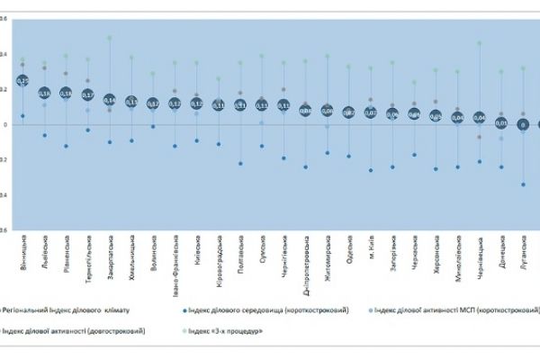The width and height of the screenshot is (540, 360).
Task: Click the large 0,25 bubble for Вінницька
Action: [22, 80]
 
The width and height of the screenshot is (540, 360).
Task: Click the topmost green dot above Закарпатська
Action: [110, 38]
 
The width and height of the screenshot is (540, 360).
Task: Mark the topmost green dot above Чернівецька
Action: [479, 43]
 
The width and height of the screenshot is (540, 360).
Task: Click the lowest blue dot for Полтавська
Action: [240, 163]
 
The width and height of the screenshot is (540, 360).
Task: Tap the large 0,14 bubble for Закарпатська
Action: [110, 100]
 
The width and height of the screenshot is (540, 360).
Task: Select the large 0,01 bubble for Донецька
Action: [500, 122]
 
